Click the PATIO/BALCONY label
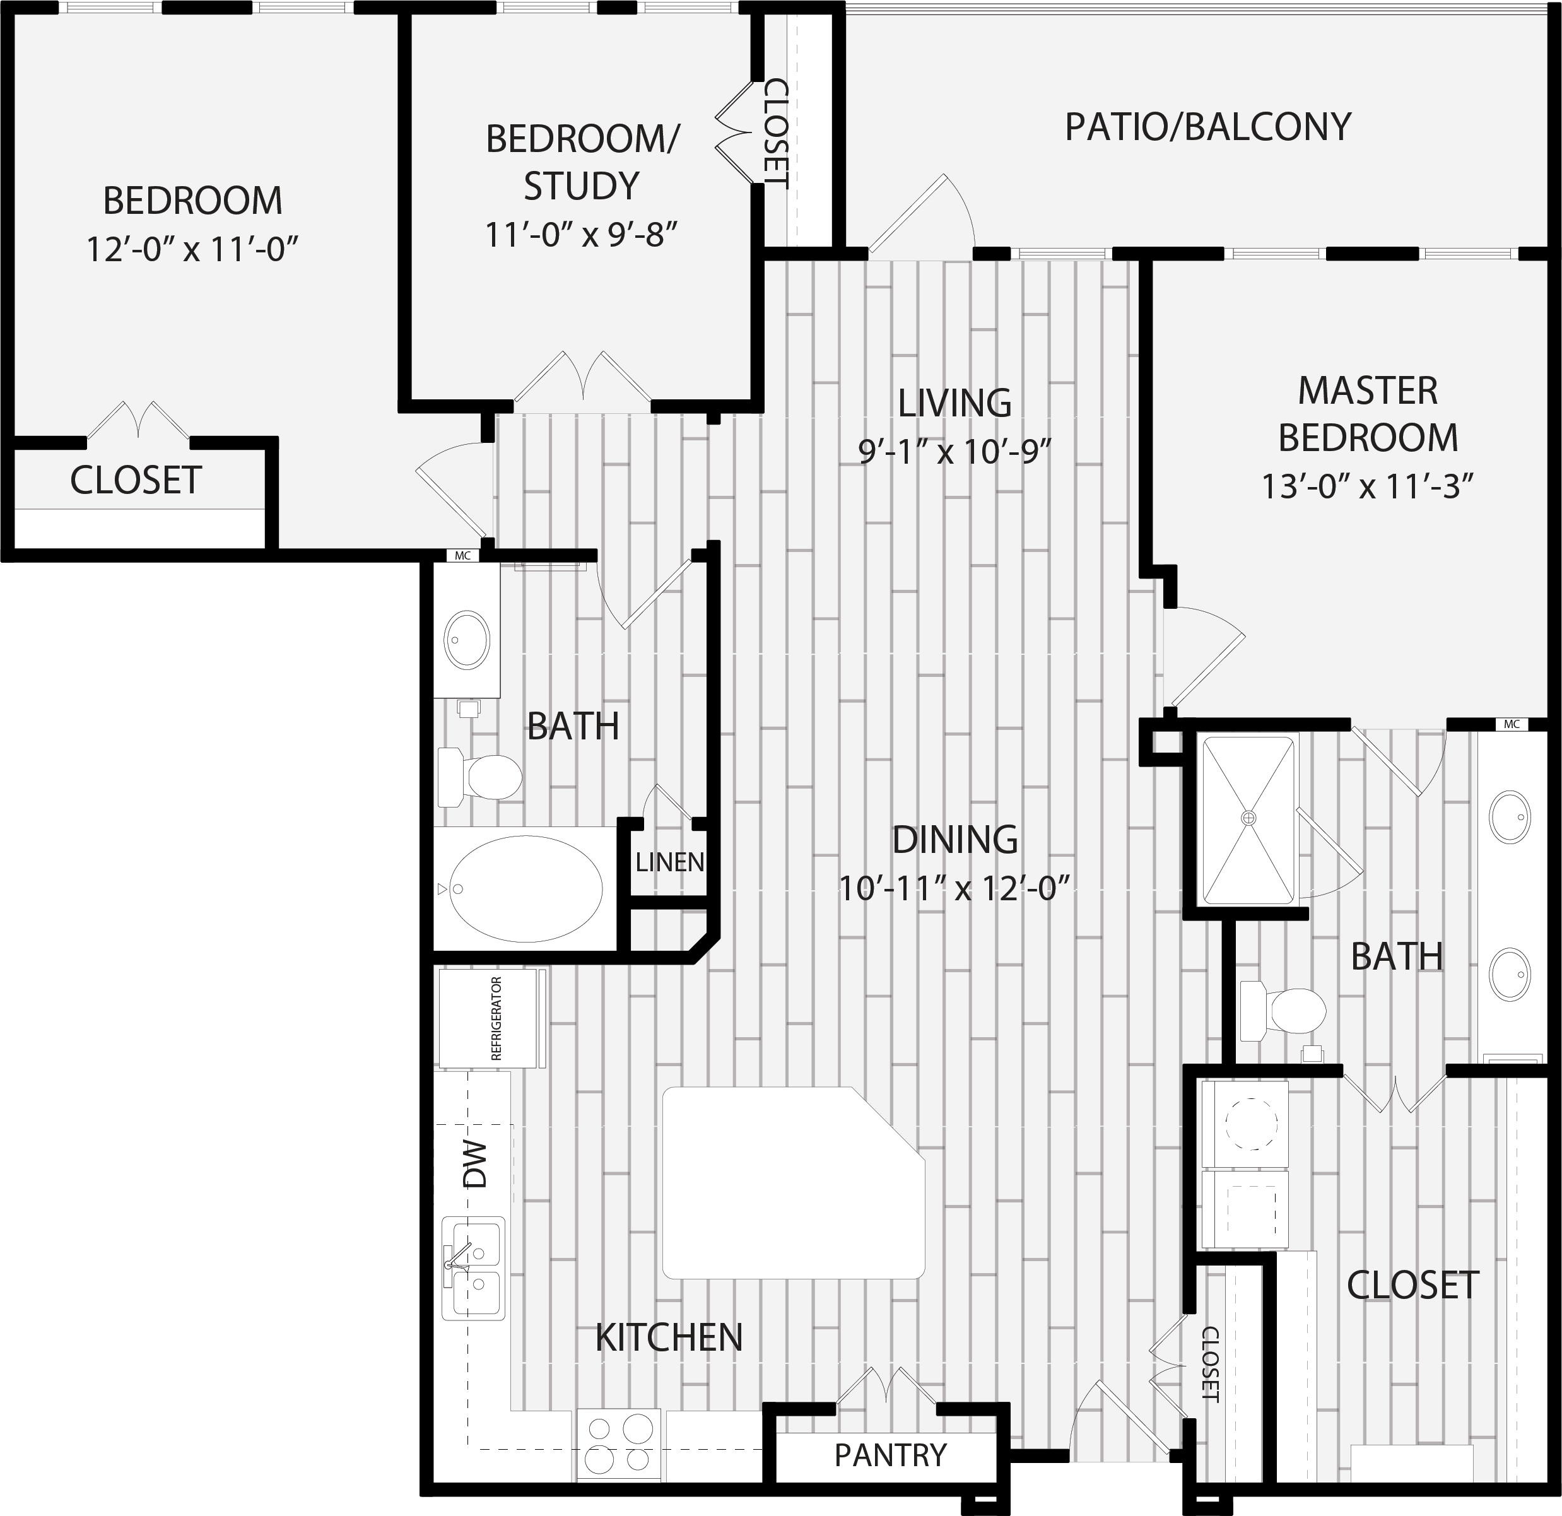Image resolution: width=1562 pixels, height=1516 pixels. (1208, 127)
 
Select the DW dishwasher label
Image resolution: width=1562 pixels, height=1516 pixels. (474, 1164)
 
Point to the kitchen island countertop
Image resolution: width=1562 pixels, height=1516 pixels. (794, 1183)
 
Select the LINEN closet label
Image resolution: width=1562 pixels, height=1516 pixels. (669, 862)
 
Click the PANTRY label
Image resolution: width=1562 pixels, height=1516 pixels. (890, 1455)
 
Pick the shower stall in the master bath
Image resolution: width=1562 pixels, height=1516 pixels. (1248, 820)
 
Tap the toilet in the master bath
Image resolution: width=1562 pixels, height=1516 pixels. (1284, 1011)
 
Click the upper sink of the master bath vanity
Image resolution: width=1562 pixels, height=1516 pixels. (1510, 818)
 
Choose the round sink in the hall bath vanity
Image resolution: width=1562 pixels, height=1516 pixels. (467, 640)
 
